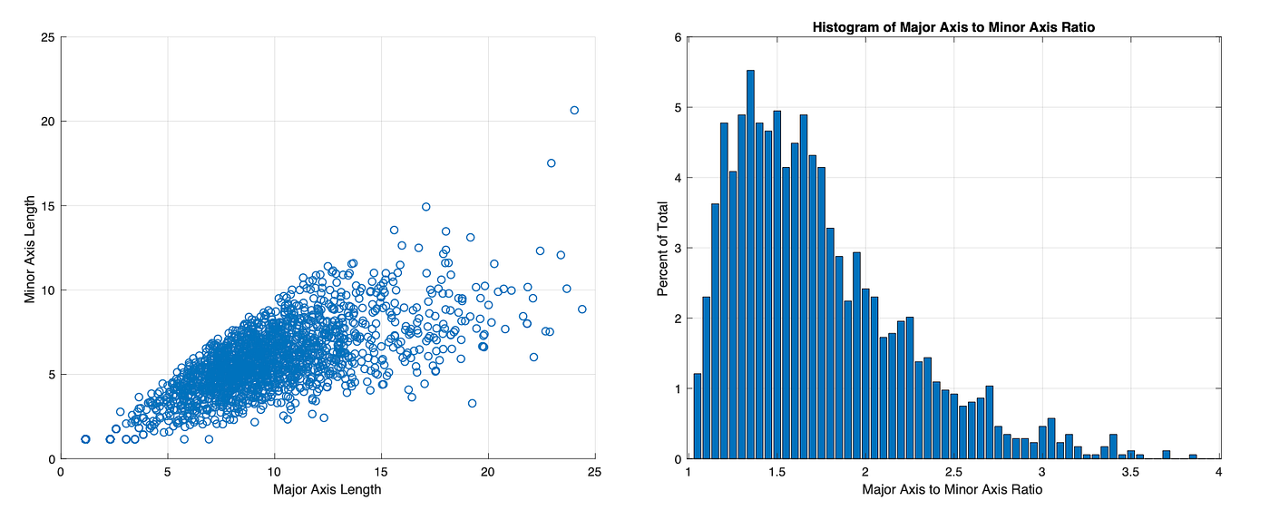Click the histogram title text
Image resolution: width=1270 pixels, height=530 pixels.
pyautogui.click(x=953, y=27)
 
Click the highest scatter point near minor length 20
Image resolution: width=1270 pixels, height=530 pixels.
pyautogui.click(x=574, y=110)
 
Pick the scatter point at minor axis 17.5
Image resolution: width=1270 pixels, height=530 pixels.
pyautogui.click(x=551, y=163)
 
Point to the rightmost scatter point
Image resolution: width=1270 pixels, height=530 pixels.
pyautogui.click(x=581, y=309)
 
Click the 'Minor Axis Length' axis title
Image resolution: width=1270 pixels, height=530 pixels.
pyautogui.click(x=30, y=248)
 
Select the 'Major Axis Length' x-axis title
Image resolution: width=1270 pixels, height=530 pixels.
pyautogui.click(x=327, y=490)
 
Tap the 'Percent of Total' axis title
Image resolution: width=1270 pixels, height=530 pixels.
pyautogui.click(x=663, y=248)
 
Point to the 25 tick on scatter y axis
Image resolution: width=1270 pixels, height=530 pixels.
pyautogui.click(x=46, y=37)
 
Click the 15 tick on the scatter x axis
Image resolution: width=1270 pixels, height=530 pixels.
pyautogui.click(x=381, y=472)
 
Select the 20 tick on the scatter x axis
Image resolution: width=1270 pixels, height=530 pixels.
pyautogui.click(x=488, y=472)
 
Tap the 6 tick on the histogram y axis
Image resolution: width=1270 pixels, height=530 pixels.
pyautogui.click(x=677, y=37)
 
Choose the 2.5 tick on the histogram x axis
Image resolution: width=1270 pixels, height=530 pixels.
pyautogui.click(x=1042, y=472)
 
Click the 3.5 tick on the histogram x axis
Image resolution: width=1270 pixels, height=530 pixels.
pyautogui.click(x=1129, y=472)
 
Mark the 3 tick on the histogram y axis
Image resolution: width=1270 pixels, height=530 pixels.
pyautogui.click(x=677, y=248)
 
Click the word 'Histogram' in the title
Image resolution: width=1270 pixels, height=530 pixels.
pyautogui.click(x=844, y=27)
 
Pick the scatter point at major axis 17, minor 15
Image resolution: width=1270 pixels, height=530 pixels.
pyautogui.click(x=425, y=206)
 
